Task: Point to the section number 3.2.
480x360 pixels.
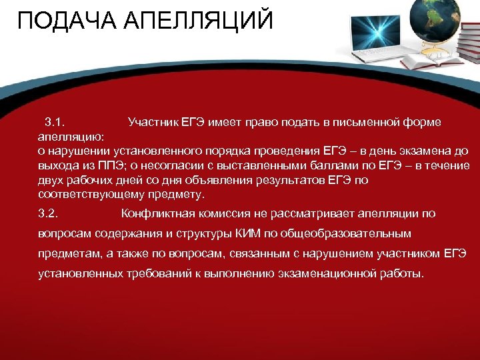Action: click(49, 214)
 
